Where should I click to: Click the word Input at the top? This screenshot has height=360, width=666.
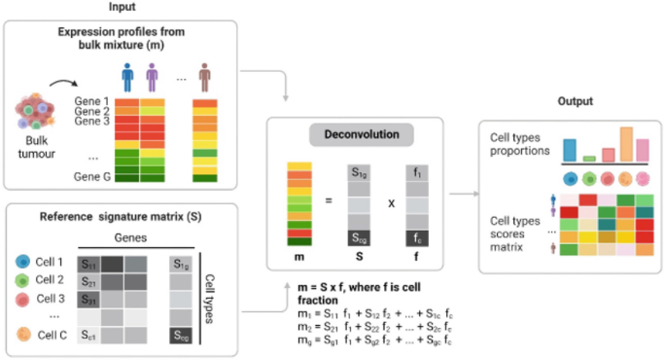click(x=122, y=7)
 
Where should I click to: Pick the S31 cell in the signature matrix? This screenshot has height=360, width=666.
click(x=90, y=299)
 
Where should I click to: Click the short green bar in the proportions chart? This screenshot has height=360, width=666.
click(x=588, y=158)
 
